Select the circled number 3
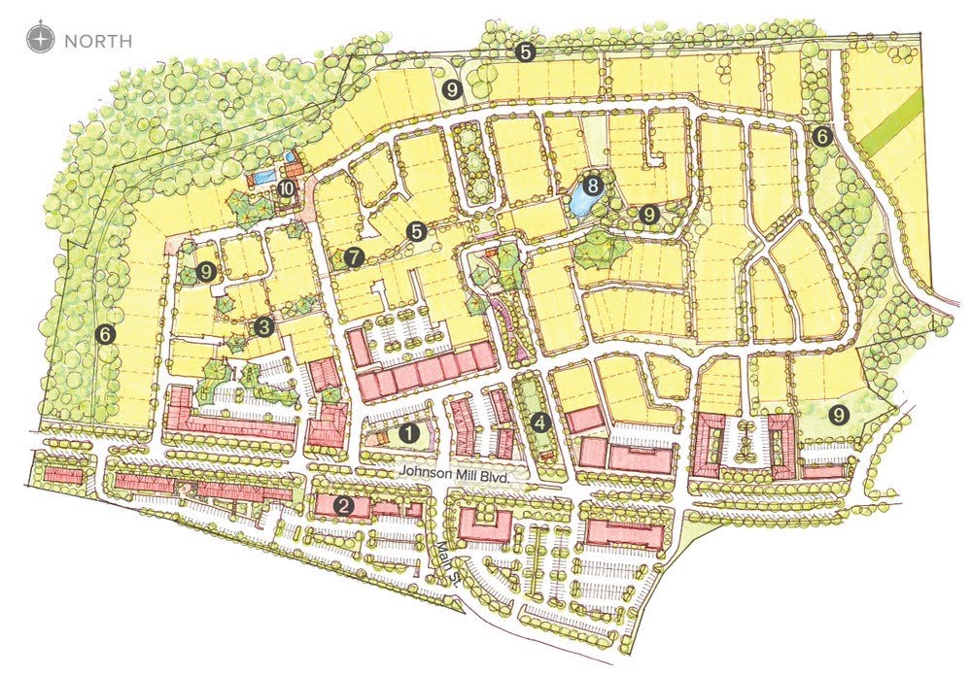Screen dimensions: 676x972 click(x=263, y=327)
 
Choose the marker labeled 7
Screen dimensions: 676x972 click(x=353, y=257)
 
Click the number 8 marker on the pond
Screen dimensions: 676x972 click(x=592, y=182)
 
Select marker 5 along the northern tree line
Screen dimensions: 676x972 click(x=526, y=53)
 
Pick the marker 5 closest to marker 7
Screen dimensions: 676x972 click(x=417, y=231)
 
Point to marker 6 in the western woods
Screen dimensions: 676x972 click(x=106, y=335)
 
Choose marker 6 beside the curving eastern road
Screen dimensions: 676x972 click(x=822, y=137)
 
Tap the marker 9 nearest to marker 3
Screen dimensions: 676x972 click(x=205, y=273)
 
